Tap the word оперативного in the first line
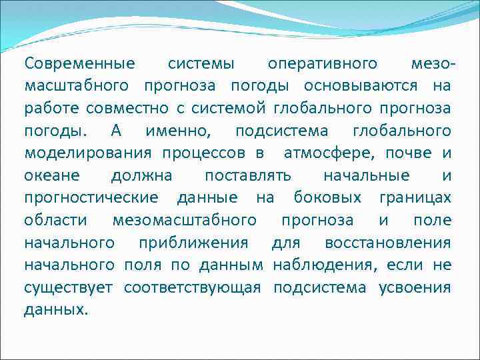pos(323,64)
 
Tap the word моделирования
pos(89,153)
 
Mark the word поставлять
pos(248,176)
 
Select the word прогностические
pos(91,198)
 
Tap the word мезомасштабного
pos(185,221)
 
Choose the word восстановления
pos(387,243)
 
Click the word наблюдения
pos(324,265)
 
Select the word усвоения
pos(415,288)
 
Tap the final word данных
pos(56,310)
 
